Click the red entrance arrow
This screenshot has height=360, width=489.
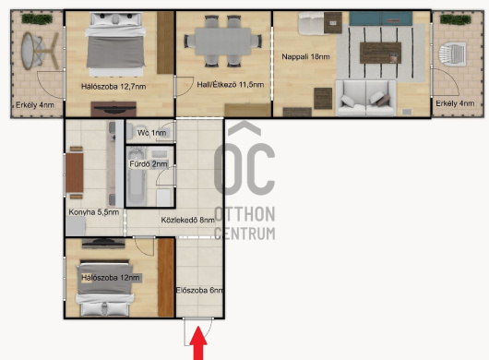point(198,343)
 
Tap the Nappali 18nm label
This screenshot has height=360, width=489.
point(305,57)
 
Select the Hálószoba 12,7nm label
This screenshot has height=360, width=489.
point(113,87)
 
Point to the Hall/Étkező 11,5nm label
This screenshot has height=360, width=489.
point(231,85)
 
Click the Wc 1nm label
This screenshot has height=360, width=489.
point(152,133)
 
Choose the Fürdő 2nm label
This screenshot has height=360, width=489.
point(149,163)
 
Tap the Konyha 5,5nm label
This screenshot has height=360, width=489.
point(94,212)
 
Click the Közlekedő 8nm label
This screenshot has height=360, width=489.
point(187,220)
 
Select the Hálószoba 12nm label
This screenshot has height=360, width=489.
point(111,278)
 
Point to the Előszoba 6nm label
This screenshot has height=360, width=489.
point(199,291)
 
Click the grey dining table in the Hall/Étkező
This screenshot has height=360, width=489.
point(223,42)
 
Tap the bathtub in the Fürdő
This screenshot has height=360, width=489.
point(137,176)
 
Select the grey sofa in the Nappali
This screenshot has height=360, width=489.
point(365,98)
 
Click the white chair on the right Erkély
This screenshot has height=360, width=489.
point(452,54)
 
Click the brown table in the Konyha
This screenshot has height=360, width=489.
point(75,173)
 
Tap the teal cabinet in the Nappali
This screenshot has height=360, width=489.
point(380,18)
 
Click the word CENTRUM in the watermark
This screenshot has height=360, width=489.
point(244,234)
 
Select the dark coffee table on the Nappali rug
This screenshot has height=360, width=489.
point(380,53)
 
